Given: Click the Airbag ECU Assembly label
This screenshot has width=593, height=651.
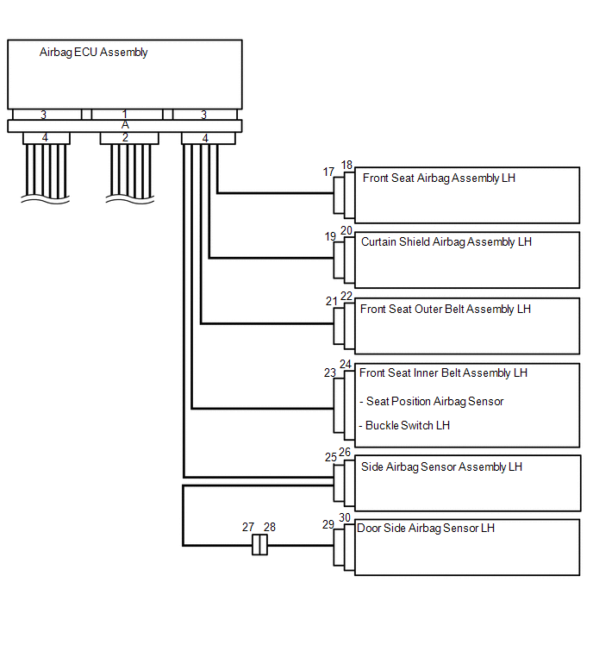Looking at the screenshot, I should pyautogui.click(x=93, y=53).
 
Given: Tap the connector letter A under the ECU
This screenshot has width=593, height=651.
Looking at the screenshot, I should pyautogui.click(x=125, y=125).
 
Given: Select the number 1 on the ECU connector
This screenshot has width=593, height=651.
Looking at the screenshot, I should pyautogui.click(x=125, y=114).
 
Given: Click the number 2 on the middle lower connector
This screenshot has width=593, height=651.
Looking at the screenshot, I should pyautogui.click(x=125, y=137).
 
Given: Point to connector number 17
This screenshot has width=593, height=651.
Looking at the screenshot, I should pyautogui.click(x=328, y=172).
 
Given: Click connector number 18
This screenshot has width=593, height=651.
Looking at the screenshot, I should pyautogui.click(x=346, y=165).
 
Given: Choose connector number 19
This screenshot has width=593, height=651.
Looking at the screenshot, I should pyautogui.click(x=330, y=236).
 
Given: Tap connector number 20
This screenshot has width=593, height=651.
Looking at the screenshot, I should pyautogui.click(x=346, y=230).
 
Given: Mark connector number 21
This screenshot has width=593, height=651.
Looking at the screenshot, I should pyautogui.click(x=331, y=301).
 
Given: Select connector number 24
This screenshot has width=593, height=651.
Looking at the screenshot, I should pyautogui.click(x=346, y=365).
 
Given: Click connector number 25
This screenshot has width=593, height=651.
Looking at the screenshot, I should pyautogui.click(x=331, y=457).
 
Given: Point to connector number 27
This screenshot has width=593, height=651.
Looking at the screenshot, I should pyautogui.click(x=247, y=527).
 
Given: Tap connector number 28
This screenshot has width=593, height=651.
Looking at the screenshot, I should pyautogui.click(x=269, y=527).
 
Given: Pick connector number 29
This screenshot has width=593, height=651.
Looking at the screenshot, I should pyautogui.click(x=328, y=524).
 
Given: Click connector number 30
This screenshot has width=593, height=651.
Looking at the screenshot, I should pyautogui.click(x=345, y=517).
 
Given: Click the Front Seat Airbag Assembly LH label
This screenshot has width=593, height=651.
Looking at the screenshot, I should pyautogui.click(x=439, y=178).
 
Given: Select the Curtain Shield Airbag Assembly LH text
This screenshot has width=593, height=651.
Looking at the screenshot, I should pyautogui.click(x=446, y=242).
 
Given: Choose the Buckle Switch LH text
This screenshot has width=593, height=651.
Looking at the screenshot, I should pyautogui.click(x=407, y=425).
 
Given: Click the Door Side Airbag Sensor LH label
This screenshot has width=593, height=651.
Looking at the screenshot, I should pyautogui.click(x=426, y=528).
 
